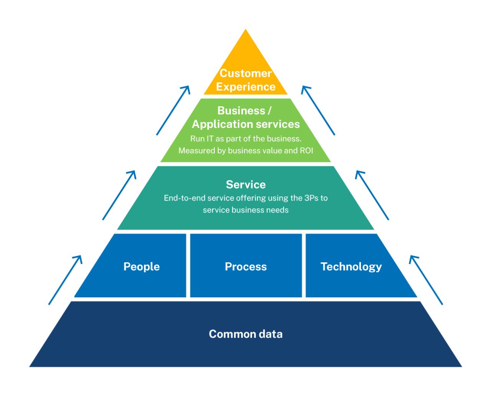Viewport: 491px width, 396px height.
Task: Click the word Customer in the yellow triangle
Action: [x=245, y=73]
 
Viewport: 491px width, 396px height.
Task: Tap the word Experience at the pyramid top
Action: [x=245, y=87]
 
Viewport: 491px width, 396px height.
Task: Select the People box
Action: [x=142, y=267]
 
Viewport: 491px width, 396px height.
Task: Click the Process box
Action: [x=245, y=267]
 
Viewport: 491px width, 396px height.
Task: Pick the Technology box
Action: [x=351, y=267]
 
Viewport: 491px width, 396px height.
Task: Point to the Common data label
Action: [x=245, y=334]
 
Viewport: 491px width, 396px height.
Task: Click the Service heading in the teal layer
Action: [x=245, y=184]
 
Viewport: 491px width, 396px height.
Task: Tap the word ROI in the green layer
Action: [x=306, y=151]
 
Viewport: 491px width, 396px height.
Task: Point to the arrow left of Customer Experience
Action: [x=173, y=110]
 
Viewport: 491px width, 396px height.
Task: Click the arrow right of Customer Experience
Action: [x=318, y=110]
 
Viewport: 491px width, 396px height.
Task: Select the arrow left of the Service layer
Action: [x=119, y=195]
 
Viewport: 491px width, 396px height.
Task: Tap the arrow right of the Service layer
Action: [x=372, y=195]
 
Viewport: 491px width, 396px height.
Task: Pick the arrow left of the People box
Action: [x=66, y=280]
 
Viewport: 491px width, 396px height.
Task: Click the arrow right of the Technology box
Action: [x=426, y=280]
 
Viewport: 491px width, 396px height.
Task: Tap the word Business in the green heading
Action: [x=241, y=111]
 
